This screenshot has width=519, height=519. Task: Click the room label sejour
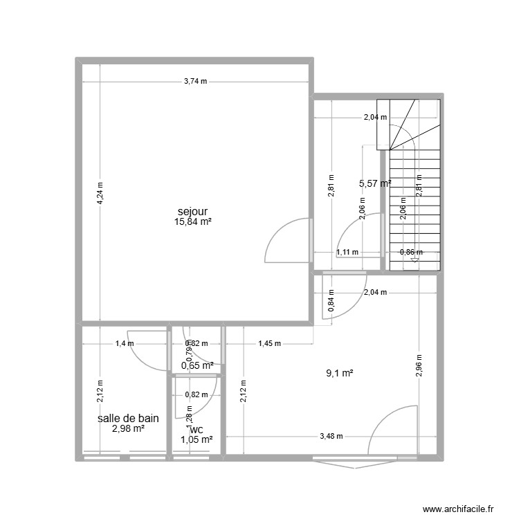pyautogui.click(x=193, y=211)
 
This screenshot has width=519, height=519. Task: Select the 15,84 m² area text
pyautogui.click(x=193, y=222)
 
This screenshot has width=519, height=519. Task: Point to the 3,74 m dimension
pyautogui.click(x=195, y=82)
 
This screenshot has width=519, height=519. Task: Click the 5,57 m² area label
pyautogui.click(x=375, y=183)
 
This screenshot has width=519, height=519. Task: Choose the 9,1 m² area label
pyautogui.click(x=340, y=374)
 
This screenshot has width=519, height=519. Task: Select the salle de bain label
pyautogui.click(x=129, y=418)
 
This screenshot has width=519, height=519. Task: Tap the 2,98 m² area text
pyautogui.click(x=129, y=429)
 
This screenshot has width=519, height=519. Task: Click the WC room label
pyautogui.click(x=197, y=430)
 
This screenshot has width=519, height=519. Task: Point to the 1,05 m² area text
pyautogui.click(x=197, y=439)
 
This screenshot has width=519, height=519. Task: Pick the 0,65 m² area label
pyautogui.click(x=197, y=365)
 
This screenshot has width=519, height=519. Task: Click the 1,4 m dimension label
pyautogui.click(x=125, y=343)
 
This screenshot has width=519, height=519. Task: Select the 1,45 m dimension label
pyautogui.click(x=269, y=343)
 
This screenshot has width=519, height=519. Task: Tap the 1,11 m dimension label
pyautogui.click(x=347, y=253)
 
